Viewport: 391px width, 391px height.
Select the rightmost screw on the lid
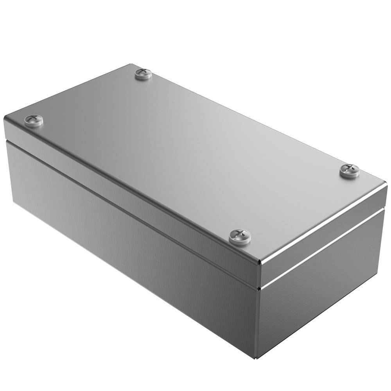tap(349, 170)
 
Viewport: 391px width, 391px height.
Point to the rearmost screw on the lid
tap(143, 73)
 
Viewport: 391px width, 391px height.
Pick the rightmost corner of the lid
tap(386, 187)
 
